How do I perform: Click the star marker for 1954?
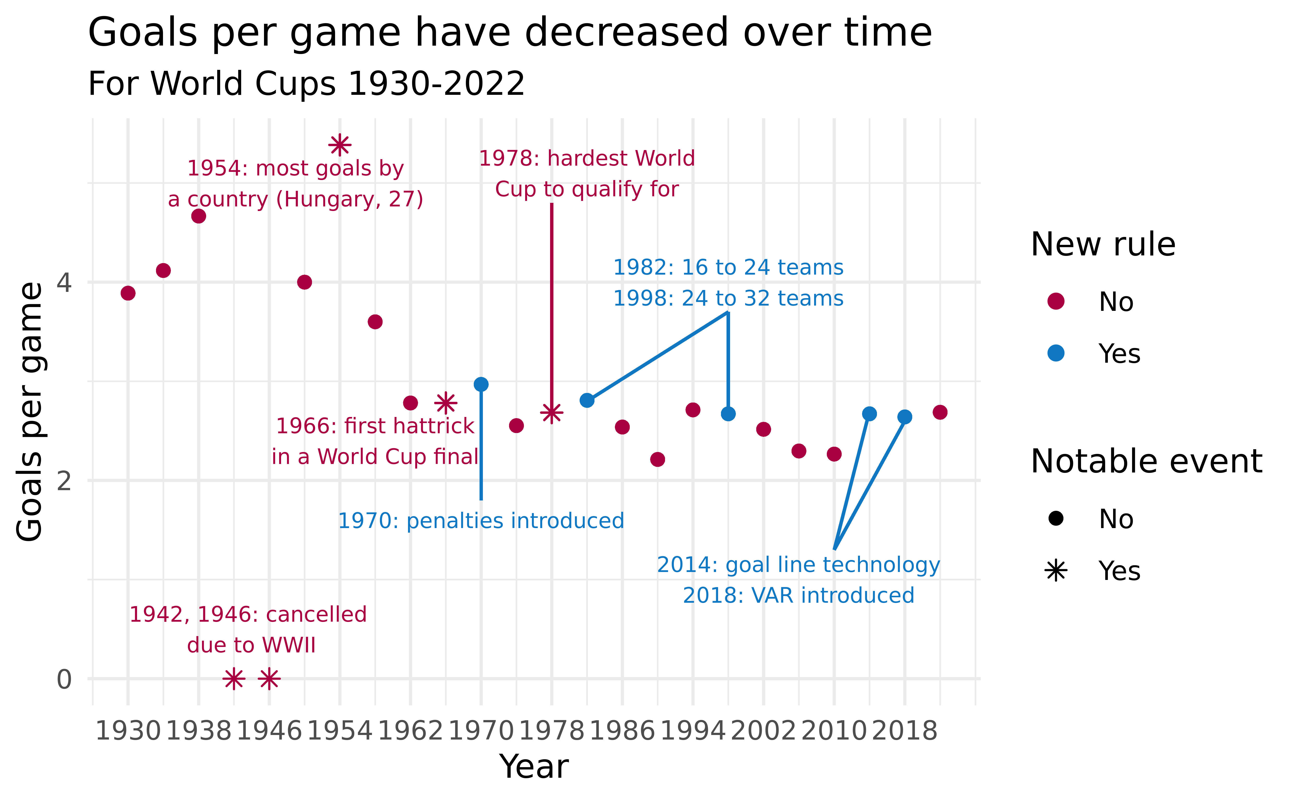point(340,145)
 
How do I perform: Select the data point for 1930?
point(128,293)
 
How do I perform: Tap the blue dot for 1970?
point(481,384)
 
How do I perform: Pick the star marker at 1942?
point(234,679)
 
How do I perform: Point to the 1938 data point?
point(199,216)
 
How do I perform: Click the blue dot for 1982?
point(587,400)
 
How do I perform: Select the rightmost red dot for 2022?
point(940,412)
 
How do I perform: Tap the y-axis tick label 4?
point(64,282)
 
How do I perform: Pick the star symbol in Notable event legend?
point(1056,571)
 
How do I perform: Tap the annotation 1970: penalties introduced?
point(481,521)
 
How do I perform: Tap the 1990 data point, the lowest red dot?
point(657,459)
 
